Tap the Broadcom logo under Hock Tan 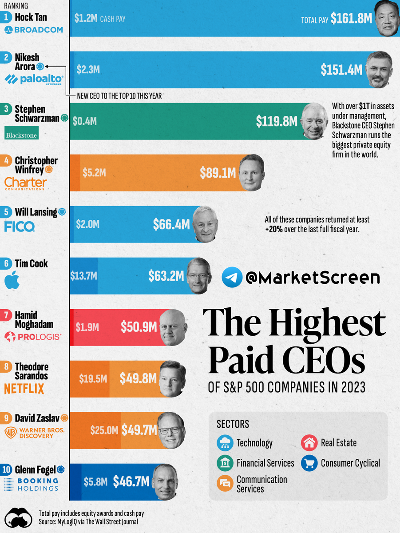pyautogui.click(x=34, y=30)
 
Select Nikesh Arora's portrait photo pyautogui.click(x=380, y=69)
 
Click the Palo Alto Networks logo pyautogui.click(x=34, y=80)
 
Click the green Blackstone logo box pyautogui.click(x=22, y=133)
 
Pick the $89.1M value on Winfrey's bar pyautogui.click(x=218, y=173)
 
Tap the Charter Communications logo pyautogui.click(x=25, y=183)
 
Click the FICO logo pyautogui.click(x=19, y=227)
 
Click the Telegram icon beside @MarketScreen pyautogui.click(x=232, y=278)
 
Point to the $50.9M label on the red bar pyautogui.click(x=139, y=327)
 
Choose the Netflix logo pyautogui.click(x=24, y=389)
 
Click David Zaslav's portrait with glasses pyautogui.click(x=171, y=430)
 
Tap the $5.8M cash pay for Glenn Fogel pyautogui.click(x=95, y=482)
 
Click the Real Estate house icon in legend pyautogui.click(x=308, y=443)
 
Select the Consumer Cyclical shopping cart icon pyautogui.click(x=308, y=463)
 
